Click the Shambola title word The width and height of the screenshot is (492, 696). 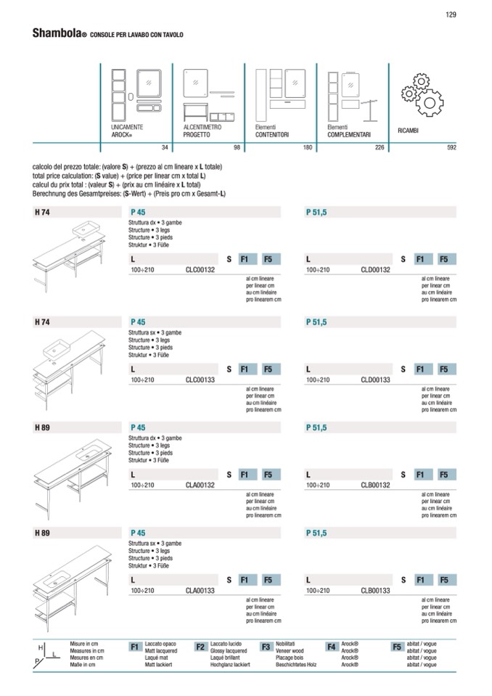point(56,33)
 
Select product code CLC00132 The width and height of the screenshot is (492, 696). point(200,269)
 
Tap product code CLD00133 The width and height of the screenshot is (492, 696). point(375,380)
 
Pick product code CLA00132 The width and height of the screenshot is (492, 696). point(200,485)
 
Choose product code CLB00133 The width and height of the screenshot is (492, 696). point(375,591)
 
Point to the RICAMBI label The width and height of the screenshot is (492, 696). point(411,131)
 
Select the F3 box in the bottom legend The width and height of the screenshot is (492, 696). point(266,647)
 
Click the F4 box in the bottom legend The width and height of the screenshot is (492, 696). point(332,647)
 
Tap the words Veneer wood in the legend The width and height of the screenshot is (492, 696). point(290,651)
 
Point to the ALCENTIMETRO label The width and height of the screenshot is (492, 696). point(202,127)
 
